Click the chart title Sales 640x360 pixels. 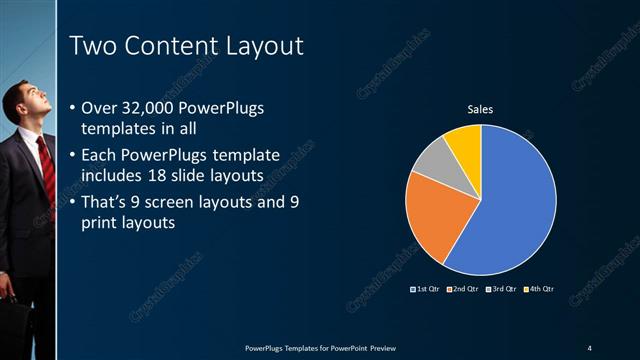[481, 109]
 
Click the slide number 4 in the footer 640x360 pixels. [589, 347]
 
